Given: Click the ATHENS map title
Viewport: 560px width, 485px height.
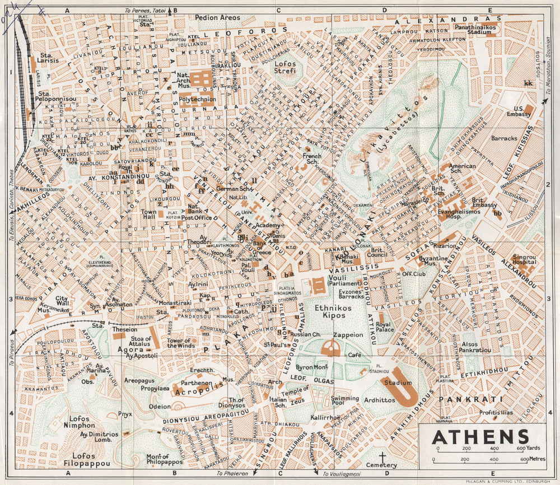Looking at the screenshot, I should (481, 436).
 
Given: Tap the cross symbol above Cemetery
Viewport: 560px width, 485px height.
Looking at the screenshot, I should (382, 456).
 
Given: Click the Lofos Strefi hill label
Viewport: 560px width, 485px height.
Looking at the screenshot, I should (288, 68).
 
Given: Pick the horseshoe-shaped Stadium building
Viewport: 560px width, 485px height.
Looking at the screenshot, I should (403, 386).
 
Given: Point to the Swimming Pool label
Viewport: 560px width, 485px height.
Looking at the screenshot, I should (345, 402).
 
